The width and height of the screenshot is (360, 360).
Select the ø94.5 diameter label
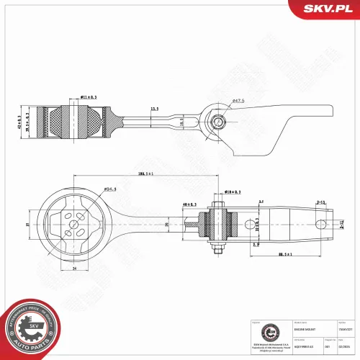(x=110, y=189)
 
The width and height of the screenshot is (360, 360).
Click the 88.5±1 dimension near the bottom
(x=287, y=254)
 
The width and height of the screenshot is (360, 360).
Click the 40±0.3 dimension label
(x=189, y=204)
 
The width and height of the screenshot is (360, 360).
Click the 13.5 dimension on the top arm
(x=154, y=109)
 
